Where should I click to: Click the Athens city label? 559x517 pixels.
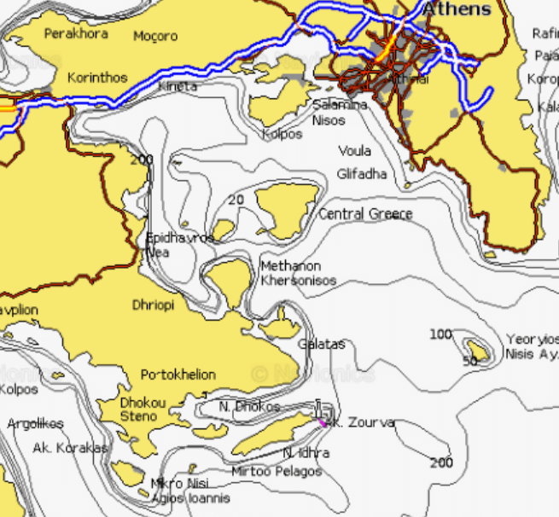click(x=457, y=9)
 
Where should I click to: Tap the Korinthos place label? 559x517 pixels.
click(x=97, y=77)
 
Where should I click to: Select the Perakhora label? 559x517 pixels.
click(x=76, y=33)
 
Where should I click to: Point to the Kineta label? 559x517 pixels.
click(x=178, y=86)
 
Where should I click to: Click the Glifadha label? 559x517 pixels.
click(x=361, y=174)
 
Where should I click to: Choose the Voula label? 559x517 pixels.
click(x=354, y=151)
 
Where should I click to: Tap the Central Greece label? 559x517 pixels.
click(x=365, y=214)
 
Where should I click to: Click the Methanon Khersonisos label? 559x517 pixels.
click(x=298, y=273)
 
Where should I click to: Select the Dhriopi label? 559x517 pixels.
click(x=153, y=305)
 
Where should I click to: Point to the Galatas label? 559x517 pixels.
click(x=321, y=344)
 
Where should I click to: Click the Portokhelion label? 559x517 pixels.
click(x=178, y=375)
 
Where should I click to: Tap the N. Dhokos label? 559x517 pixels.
click(x=248, y=407)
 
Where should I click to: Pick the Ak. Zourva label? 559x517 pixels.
click(x=362, y=422)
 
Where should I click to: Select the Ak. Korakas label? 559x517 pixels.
click(x=70, y=448)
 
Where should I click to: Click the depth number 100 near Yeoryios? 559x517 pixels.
click(x=440, y=334)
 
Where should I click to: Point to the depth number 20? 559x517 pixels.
click(x=236, y=200)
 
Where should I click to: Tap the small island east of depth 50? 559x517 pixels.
click(x=476, y=350)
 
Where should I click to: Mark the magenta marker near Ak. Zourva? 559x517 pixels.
click(x=323, y=421)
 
